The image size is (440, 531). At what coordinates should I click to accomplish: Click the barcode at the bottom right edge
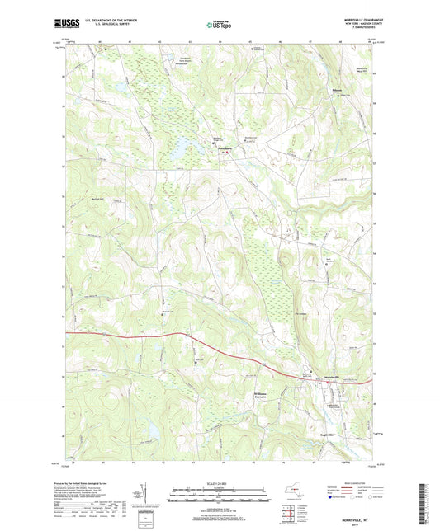[x=423, y=503]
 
